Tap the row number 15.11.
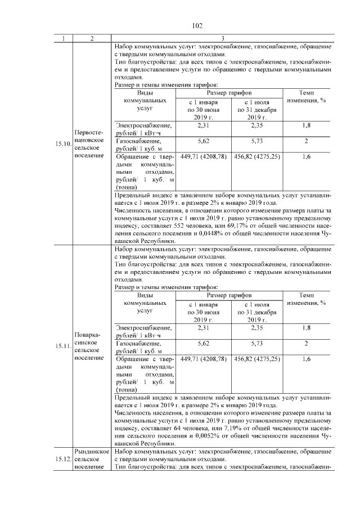[64, 346]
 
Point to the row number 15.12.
[64, 460]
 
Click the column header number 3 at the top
[223, 38]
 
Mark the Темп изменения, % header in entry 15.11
[306, 299]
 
